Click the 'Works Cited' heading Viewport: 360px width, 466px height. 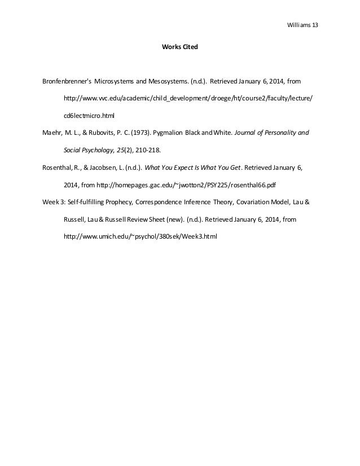tap(180, 49)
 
